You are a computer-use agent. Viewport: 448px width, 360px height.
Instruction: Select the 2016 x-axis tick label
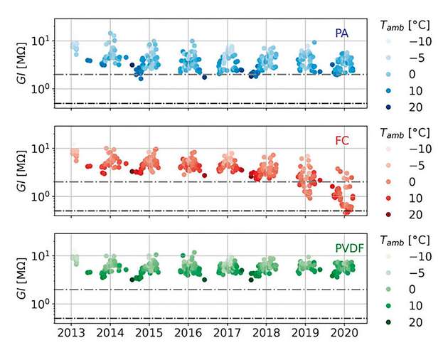pyautogui.click(x=187, y=334)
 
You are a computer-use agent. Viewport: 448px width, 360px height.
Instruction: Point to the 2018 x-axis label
pyautogui.click(x=265, y=334)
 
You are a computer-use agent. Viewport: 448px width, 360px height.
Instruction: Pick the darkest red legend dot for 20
pyautogui.click(x=388, y=215)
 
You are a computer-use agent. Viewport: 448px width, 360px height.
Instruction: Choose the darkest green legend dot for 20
pyautogui.click(x=388, y=322)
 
